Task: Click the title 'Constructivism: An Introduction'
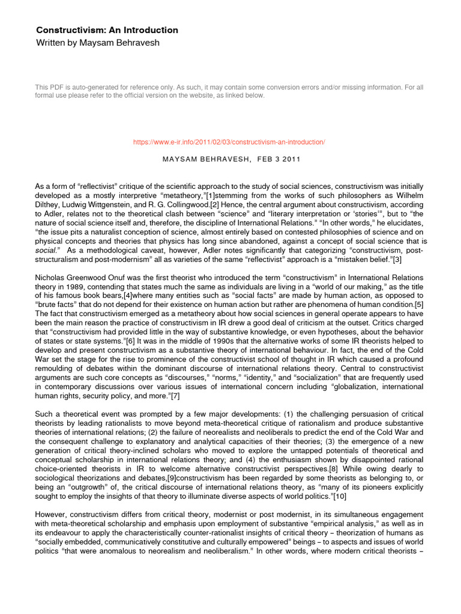click(107, 30)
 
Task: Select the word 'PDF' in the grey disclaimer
click(58, 88)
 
